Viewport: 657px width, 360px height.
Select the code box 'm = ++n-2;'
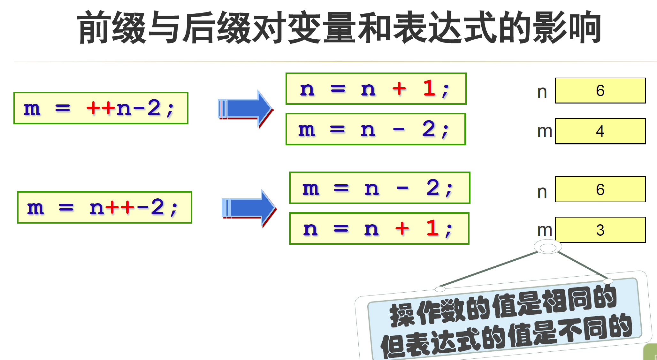coord(101,108)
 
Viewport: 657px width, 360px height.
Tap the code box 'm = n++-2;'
coord(104,207)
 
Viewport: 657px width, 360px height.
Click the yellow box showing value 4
coord(600,131)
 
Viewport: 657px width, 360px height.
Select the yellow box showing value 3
coord(600,230)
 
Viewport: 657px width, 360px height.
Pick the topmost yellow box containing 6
coord(600,90)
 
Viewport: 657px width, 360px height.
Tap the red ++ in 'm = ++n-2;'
coord(100,108)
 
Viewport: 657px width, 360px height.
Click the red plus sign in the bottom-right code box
coord(402,228)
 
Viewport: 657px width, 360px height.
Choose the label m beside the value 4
coord(545,131)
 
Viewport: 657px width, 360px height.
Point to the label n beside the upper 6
coord(542,92)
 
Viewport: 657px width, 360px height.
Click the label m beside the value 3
coord(545,230)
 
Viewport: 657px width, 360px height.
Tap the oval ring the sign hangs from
coord(548,248)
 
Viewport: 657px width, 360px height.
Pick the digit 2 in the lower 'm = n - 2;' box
coord(433,188)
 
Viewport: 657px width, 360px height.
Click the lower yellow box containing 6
coord(600,189)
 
